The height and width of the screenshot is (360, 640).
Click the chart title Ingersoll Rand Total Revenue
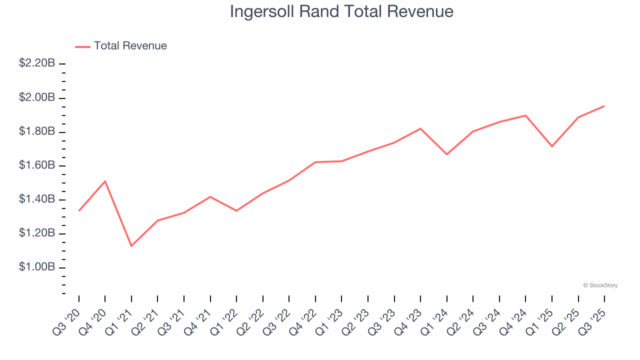click(x=341, y=11)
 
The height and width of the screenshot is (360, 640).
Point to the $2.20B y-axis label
click(x=37, y=63)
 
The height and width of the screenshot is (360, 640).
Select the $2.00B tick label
click(x=37, y=97)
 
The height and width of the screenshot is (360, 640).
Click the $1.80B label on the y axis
click(x=37, y=131)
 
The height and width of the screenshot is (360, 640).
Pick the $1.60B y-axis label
click(x=37, y=165)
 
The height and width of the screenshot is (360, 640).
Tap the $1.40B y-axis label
click(x=37, y=199)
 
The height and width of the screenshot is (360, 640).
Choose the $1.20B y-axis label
click(x=37, y=233)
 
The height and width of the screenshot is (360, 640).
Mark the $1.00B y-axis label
click(x=37, y=267)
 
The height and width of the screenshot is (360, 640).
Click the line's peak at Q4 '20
click(x=105, y=181)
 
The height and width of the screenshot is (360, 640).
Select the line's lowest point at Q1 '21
click(x=131, y=246)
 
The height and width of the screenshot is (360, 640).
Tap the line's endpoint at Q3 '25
click(x=604, y=106)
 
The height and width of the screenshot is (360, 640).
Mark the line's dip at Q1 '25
click(x=552, y=146)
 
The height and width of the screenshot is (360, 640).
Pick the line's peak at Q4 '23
click(x=420, y=128)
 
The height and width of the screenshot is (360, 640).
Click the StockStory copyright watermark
click(x=600, y=285)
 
